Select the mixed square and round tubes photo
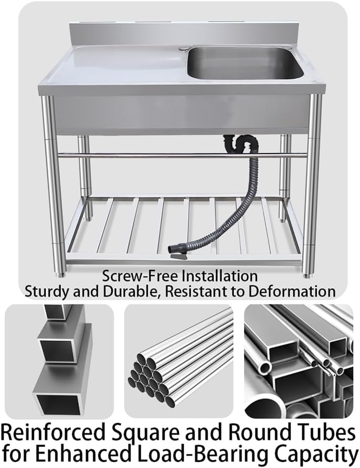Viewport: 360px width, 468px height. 299,361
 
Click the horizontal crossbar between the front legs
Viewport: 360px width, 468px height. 181,155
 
